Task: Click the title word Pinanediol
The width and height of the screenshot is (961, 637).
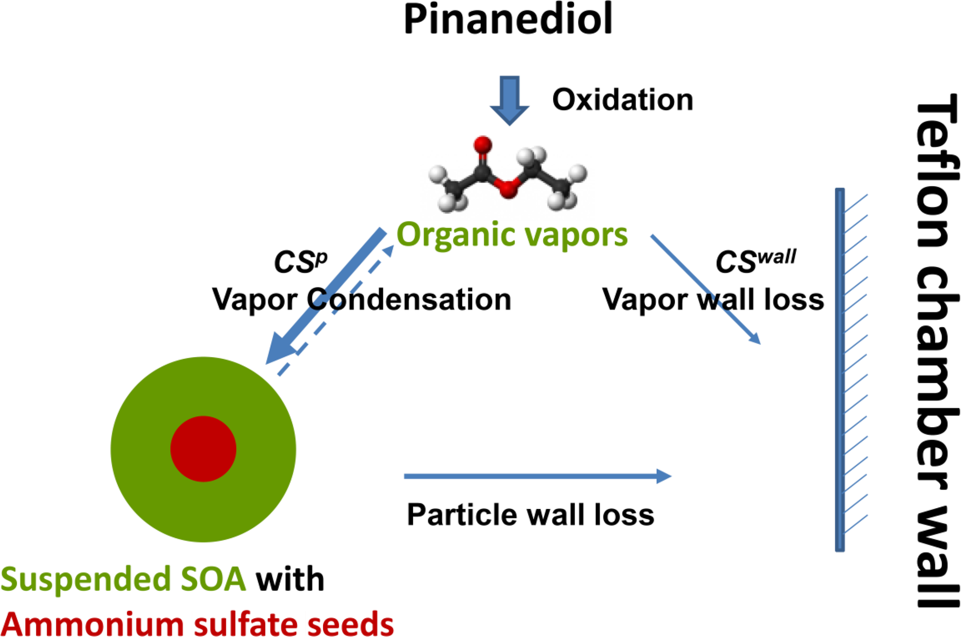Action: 508,20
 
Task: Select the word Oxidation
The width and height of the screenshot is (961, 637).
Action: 622,100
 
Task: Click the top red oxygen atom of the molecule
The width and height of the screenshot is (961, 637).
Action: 483,145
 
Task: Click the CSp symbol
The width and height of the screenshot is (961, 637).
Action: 300,262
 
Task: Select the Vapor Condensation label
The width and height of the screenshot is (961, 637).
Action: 361,299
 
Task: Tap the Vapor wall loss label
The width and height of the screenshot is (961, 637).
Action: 713,299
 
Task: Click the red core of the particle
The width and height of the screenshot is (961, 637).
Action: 203,449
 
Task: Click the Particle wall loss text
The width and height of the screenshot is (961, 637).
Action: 530,515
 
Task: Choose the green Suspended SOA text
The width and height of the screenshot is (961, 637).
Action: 123,579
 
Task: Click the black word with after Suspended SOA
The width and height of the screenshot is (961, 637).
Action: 290,579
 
